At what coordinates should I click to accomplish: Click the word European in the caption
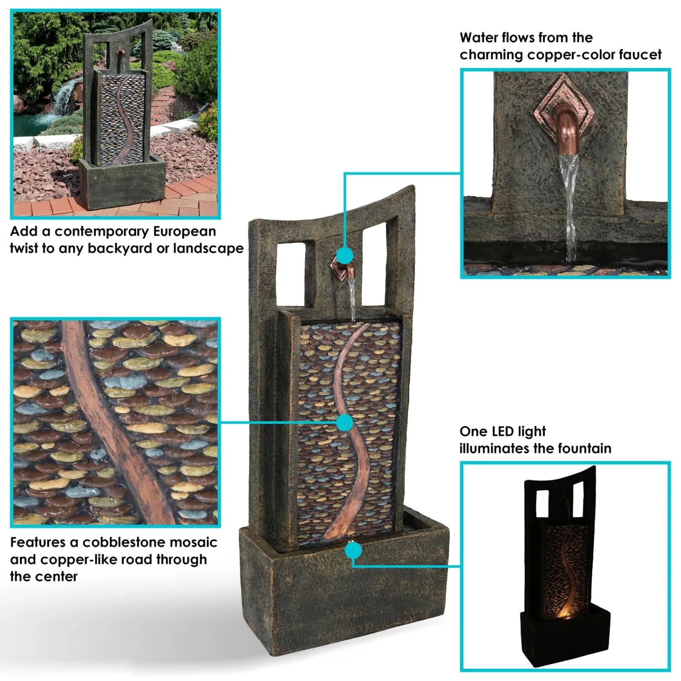point(184,232)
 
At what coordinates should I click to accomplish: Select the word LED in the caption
point(503,431)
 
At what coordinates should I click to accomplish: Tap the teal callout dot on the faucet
point(345,256)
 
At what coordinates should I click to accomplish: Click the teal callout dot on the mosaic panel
point(345,423)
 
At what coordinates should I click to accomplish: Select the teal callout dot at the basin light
point(353,551)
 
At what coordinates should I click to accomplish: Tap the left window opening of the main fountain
point(291,274)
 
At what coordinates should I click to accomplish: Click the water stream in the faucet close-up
point(568,204)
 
